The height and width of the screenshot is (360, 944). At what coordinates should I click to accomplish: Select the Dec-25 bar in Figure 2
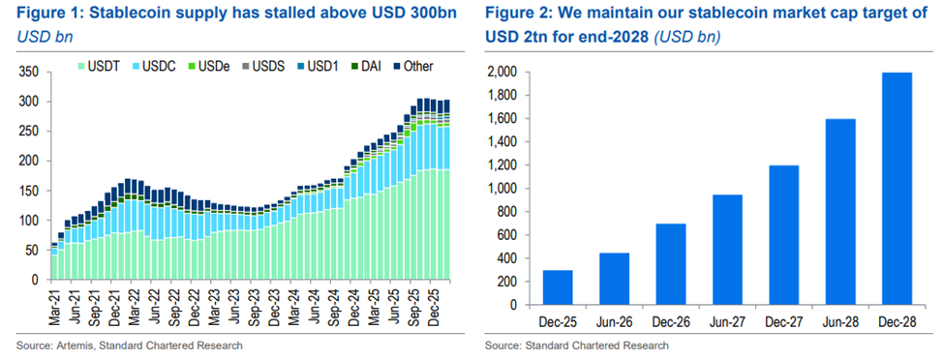coord(558,287)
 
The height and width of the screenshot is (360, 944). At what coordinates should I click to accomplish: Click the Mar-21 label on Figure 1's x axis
coord(54,302)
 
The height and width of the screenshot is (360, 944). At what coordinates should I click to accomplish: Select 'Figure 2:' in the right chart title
coord(524,14)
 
